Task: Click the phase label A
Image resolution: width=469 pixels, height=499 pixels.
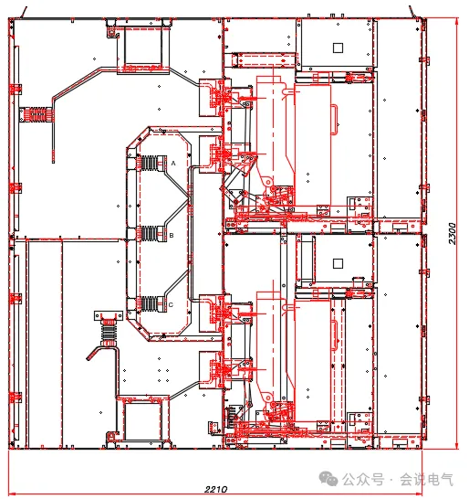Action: click(173, 164)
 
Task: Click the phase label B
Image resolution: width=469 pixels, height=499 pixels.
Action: click(172, 236)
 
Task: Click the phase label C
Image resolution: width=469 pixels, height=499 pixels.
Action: click(171, 305)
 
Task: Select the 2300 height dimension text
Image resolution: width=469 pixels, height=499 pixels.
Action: click(453, 234)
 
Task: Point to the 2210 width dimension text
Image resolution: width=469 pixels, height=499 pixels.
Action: click(215, 489)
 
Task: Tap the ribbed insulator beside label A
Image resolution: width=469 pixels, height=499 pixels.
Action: click(149, 164)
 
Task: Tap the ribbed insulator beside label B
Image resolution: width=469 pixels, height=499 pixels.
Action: click(149, 234)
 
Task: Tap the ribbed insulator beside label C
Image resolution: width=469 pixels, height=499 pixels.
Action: click(149, 304)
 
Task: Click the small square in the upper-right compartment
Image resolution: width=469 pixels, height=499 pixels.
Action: click(338, 48)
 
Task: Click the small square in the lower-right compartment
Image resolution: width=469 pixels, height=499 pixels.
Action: click(338, 263)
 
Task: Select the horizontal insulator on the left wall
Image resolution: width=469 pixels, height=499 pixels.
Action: click(37, 115)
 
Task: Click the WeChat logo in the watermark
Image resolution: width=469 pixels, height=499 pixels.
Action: click(328, 479)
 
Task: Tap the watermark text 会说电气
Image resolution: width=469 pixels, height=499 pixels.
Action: click(426, 479)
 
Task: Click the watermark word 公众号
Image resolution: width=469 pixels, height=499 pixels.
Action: click(363, 479)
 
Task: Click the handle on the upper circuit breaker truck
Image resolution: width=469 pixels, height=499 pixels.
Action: click(334, 120)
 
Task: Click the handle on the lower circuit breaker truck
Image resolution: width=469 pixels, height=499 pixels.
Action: click(334, 335)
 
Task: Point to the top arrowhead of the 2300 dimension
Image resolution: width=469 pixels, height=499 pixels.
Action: click(456, 21)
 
